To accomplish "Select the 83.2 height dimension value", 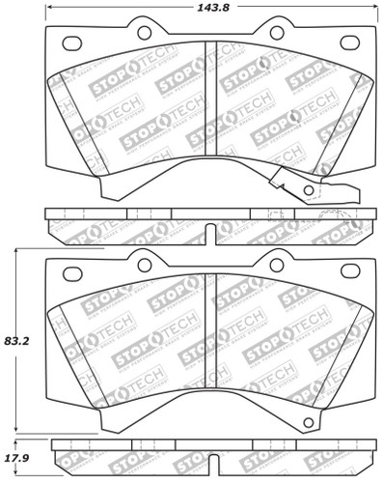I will (x=15, y=341).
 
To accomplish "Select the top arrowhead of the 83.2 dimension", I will (x=15, y=251).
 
